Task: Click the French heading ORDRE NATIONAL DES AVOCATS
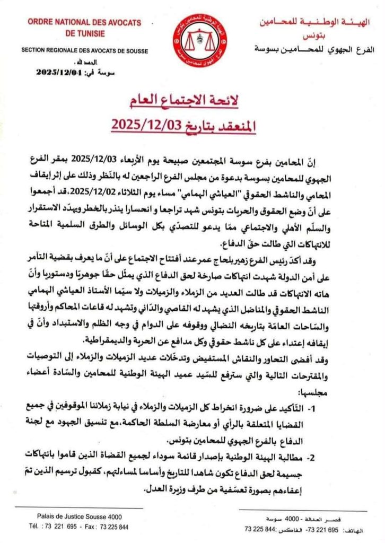coord(84,22)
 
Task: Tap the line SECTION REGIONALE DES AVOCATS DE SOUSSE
coord(85,51)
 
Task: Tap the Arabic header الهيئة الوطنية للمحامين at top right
coord(318,22)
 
